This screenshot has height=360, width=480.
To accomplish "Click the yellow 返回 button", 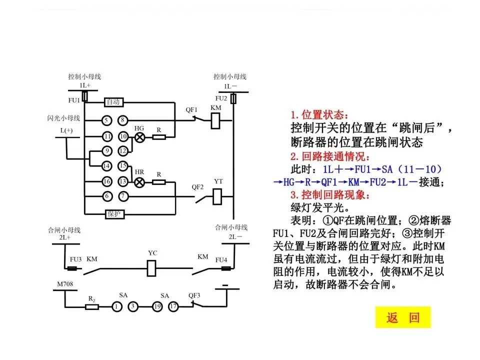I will click(x=402, y=317).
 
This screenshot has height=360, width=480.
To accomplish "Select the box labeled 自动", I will click(x=113, y=102).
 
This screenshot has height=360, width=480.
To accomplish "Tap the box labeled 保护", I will click(x=114, y=214).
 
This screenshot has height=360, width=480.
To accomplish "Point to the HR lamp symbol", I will click(x=139, y=182).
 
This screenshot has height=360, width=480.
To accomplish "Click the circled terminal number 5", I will click(x=107, y=120).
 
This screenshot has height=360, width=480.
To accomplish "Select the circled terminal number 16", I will click(x=107, y=182).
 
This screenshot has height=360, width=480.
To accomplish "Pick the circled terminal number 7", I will click(x=123, y=196).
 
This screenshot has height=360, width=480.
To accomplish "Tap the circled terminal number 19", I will click(x=157, y=307).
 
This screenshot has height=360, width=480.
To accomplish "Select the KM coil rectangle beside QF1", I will click(x=215, y=120).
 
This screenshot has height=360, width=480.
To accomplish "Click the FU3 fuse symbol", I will click(x=72, y=268).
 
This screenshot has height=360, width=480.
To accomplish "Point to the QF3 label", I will click(x=194, y=295).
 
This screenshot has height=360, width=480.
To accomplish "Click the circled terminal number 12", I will click(x=123, y=151).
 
